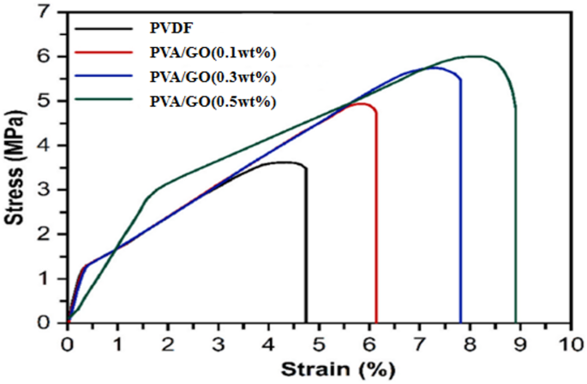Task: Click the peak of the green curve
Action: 476,56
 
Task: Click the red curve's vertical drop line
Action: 376,222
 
